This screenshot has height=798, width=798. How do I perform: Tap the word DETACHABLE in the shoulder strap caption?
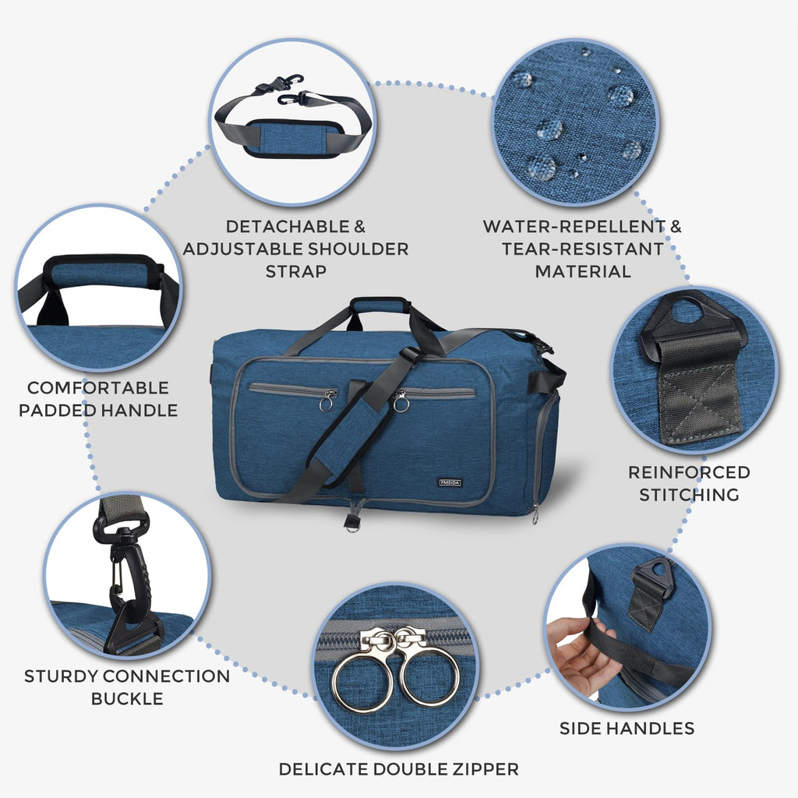[285, 227]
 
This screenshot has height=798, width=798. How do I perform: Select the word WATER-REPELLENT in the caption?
[573, 227]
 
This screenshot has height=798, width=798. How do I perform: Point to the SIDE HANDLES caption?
[627, 729]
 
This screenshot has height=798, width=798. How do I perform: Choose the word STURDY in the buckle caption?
[60, 676]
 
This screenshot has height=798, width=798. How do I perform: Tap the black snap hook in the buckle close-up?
[125, 577]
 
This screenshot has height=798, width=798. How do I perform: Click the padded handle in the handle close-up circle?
[101, 271]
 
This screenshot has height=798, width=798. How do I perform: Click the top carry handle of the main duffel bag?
[380, 305]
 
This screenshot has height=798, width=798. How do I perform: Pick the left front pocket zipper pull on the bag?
[327, 401]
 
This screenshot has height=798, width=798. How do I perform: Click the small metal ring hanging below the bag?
[352, 524]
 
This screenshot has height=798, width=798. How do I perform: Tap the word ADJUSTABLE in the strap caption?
[264, 249]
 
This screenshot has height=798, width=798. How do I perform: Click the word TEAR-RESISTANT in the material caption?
[583, 249]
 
